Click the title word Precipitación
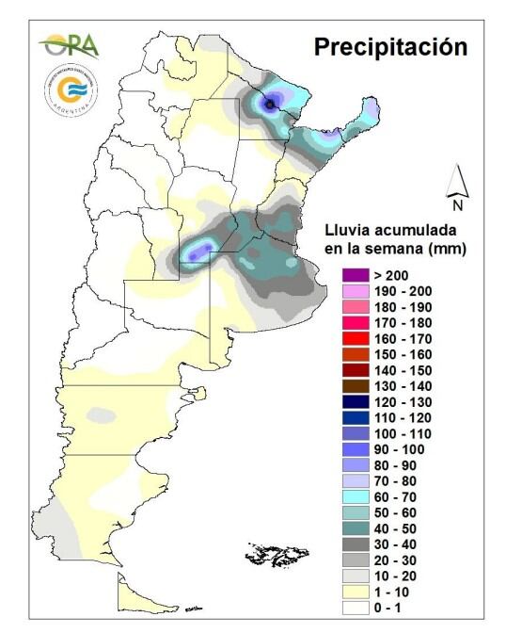tap(390, 47)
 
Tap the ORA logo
tap(69, 44)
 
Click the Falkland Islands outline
tap(276, 556)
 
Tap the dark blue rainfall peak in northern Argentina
tap(270, 105)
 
